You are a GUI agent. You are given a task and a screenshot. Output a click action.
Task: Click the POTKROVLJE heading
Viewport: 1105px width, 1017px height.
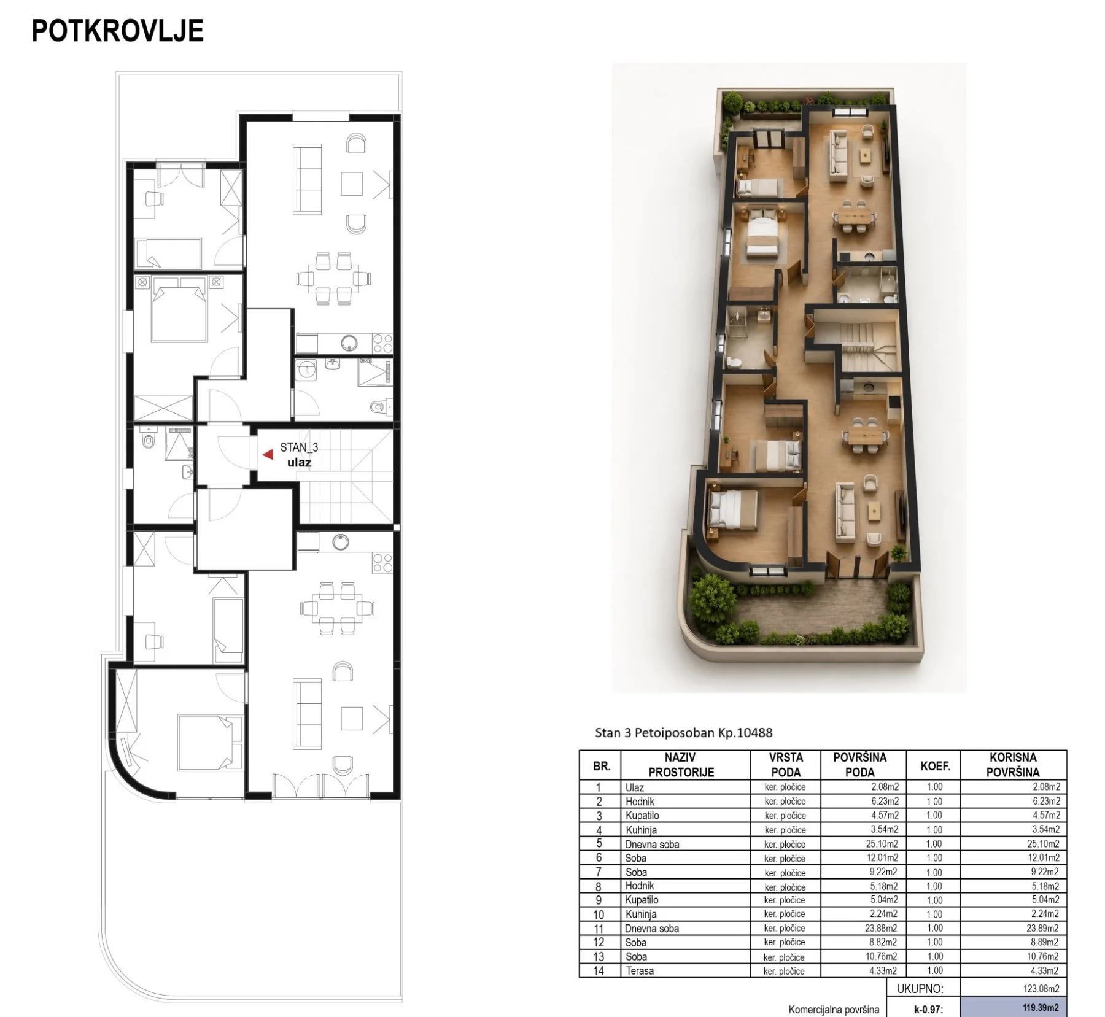(117, 31)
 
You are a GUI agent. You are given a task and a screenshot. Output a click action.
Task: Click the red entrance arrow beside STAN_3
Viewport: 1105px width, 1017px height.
(268, 455)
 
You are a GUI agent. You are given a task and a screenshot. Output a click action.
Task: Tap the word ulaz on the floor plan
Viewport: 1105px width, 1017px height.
(299, 463)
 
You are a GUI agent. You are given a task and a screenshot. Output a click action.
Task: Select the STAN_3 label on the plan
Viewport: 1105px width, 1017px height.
(299, 448)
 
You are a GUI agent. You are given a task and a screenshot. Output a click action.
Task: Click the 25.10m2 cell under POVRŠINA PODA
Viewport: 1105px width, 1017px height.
(882, 844)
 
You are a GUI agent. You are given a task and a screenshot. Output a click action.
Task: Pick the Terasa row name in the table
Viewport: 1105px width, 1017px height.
(640, 971)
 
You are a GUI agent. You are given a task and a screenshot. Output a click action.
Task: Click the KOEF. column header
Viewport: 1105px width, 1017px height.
(935, 766)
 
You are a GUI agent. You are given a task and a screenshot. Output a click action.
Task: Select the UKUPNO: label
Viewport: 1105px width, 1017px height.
(920, 989)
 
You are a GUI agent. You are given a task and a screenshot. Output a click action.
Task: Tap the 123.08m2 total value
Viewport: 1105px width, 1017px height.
(1042, 989)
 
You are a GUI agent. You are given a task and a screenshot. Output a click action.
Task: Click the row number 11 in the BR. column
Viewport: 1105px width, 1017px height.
(599, 929)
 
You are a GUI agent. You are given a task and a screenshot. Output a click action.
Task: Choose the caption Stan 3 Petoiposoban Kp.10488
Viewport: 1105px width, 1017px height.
(683, 732)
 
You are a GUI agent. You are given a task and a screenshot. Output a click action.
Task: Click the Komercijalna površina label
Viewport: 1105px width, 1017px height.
(834, 1010)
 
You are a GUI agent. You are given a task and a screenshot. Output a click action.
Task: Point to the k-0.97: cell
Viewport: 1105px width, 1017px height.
(928, 1009)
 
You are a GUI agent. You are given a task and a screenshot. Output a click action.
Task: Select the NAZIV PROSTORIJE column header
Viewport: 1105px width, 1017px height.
(681, 765)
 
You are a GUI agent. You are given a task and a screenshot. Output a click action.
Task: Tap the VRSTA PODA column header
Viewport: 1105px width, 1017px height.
(786, 765)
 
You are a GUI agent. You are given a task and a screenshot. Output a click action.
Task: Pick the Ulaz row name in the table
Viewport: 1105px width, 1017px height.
(635, 787)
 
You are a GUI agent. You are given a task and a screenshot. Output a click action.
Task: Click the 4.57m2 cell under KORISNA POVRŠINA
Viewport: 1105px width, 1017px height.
(1046, 815)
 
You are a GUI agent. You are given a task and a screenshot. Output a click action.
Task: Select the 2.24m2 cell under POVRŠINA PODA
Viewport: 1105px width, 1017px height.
(884, 914)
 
